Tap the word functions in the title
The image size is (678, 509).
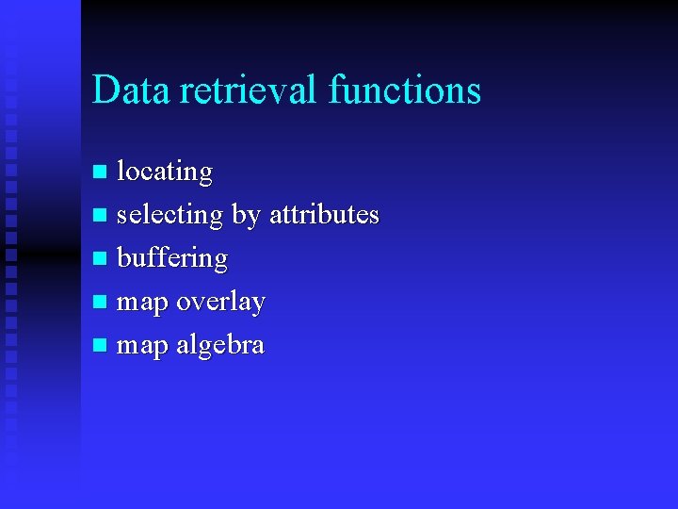point(405,90)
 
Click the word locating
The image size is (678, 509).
point(165,172)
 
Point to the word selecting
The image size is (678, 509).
point(169,216)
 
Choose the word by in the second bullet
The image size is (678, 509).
point(245,216)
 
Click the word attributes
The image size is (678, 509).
point(324,215)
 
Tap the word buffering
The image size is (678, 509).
point(171,259)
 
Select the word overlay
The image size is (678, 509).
point(220,303)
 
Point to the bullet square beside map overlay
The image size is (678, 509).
point(102,303)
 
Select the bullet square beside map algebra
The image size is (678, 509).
point(102,346)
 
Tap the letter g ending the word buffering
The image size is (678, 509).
point(220,262)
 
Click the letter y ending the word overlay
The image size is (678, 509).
point(258,305)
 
